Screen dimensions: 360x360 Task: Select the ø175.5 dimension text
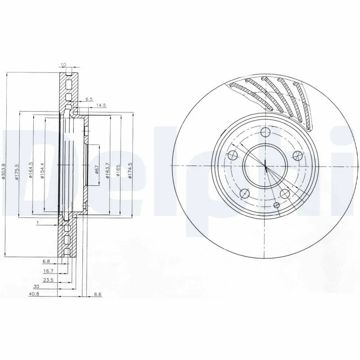pos(16,171)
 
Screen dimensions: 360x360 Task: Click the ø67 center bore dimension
pos(96,170)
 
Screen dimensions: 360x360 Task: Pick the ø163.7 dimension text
pos(107,170)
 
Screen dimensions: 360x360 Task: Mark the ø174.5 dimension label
pos(130,170)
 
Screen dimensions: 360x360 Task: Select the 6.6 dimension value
pos(98,295)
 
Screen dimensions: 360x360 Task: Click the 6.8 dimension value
pos(46,261)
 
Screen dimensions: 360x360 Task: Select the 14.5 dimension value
pos(101,105)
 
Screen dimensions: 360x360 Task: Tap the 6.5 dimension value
pos(89,99)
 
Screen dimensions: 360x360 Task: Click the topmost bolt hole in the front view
pos(265,132)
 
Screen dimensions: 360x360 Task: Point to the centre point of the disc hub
pos(265,166)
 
